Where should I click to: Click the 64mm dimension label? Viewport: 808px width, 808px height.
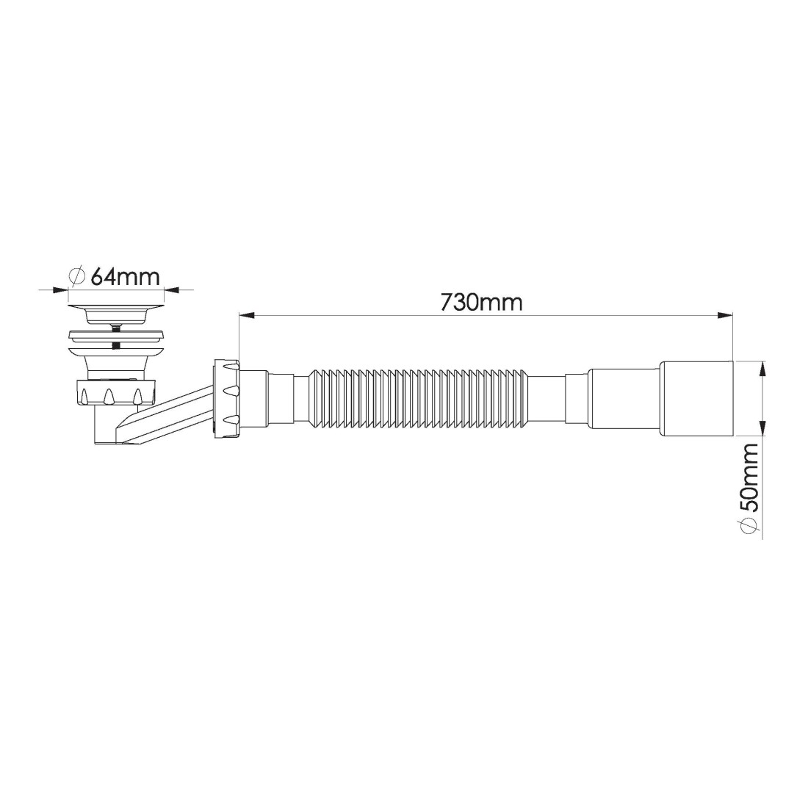tap(125, 277)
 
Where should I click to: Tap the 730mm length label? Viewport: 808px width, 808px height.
tap(481, 303)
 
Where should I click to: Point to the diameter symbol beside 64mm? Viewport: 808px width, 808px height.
tap(77, 277)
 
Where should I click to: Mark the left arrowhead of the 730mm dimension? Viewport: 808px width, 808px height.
tap(246, 315)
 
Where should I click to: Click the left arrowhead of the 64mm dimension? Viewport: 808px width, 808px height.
tap(61, 289)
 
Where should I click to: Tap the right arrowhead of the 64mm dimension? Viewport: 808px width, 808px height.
tap(173, 289)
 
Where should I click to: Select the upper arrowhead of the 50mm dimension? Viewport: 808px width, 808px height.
tap(762, 370)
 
